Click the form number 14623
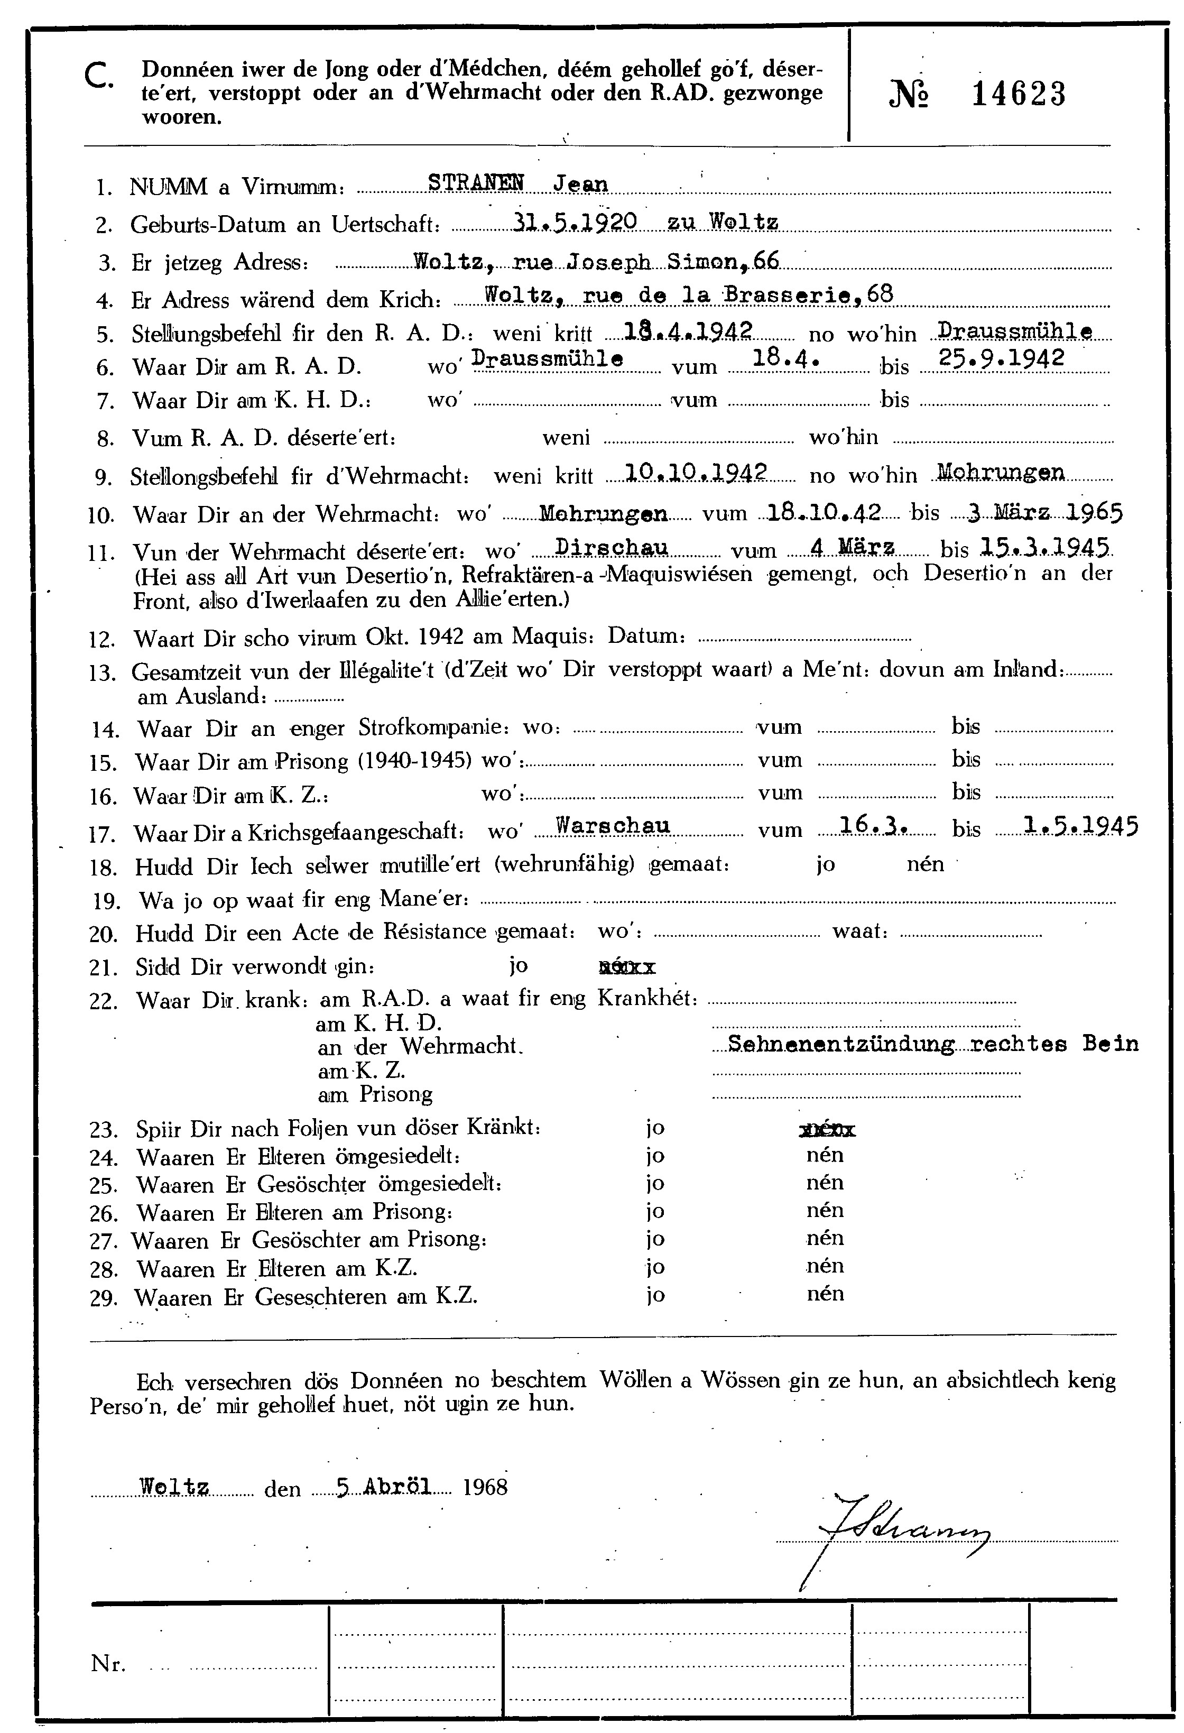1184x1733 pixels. pyautogui.click(x=1019, y=95)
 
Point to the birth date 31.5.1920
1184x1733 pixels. pyautogui.click(x=575, y=221)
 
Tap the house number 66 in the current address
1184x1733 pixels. pyautogui.click(x=766, y=260)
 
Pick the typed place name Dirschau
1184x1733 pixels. pyautogui.click(x=612, y=548)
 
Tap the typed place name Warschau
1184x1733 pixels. pyautogui.click(x=613, y=825)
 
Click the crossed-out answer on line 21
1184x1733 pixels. pyautogui.click(x=627, y=968)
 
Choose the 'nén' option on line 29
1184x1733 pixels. pyautogui.click(x=825, y=1294)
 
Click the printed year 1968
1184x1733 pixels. pyautogui.click(x=485, y=1488)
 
